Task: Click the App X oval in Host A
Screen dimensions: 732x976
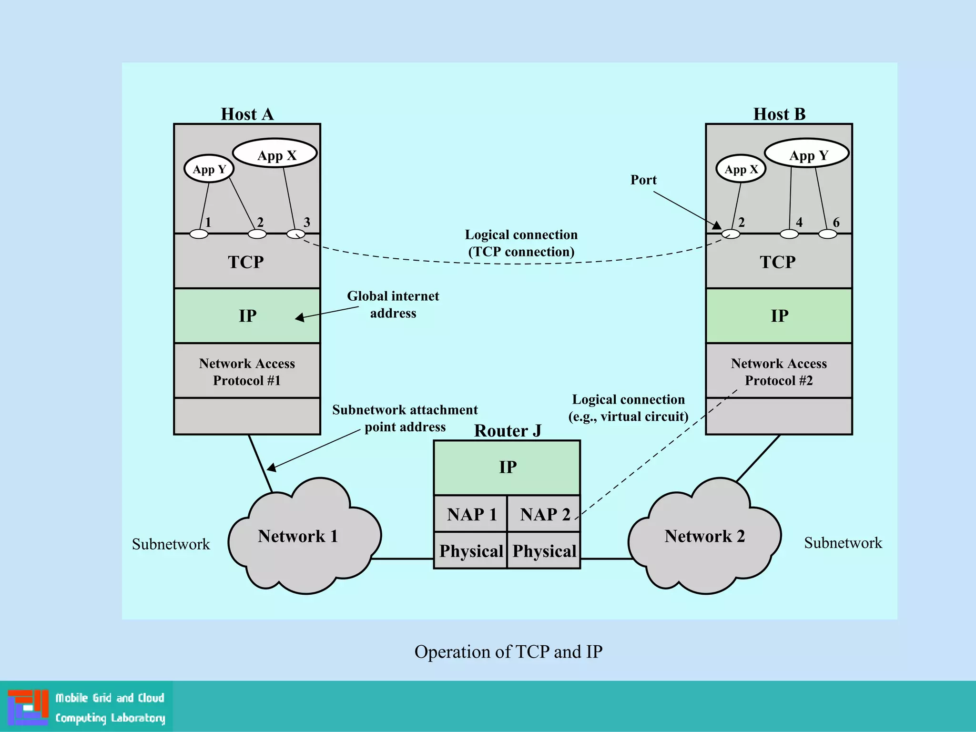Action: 275,154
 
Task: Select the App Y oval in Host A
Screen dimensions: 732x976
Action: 209,169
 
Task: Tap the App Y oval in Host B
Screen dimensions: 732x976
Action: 807,154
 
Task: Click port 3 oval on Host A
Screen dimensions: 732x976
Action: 295,234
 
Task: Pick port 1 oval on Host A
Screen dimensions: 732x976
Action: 199,234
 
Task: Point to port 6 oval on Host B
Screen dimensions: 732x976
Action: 827,234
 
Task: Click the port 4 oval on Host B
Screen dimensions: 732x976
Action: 789,234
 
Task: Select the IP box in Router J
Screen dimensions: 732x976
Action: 507,468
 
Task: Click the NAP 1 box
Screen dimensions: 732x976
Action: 471,514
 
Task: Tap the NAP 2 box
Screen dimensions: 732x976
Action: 544,514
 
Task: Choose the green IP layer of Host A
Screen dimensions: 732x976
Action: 247,315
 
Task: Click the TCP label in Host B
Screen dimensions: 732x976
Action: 777,262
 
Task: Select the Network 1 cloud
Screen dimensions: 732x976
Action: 298,537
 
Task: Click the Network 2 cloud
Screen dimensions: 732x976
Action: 704,537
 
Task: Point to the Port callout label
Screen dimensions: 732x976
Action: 643,180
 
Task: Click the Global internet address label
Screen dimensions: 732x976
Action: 393,305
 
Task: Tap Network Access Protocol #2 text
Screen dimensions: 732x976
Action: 779,372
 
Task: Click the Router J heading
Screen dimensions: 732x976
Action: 508,431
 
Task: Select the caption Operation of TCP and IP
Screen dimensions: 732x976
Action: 508,652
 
